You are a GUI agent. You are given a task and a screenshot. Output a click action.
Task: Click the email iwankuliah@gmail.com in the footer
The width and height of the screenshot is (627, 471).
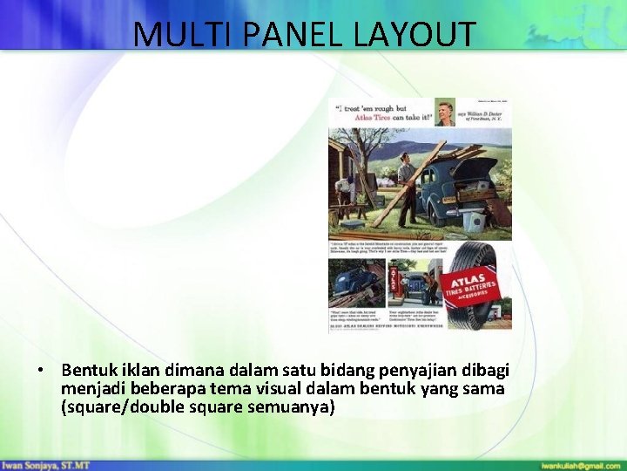click(578, 465)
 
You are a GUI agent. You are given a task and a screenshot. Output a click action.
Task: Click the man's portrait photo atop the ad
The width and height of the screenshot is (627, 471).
click(442, 113)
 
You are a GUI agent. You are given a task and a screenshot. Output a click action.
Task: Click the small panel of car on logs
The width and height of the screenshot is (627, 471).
click(354, 283)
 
